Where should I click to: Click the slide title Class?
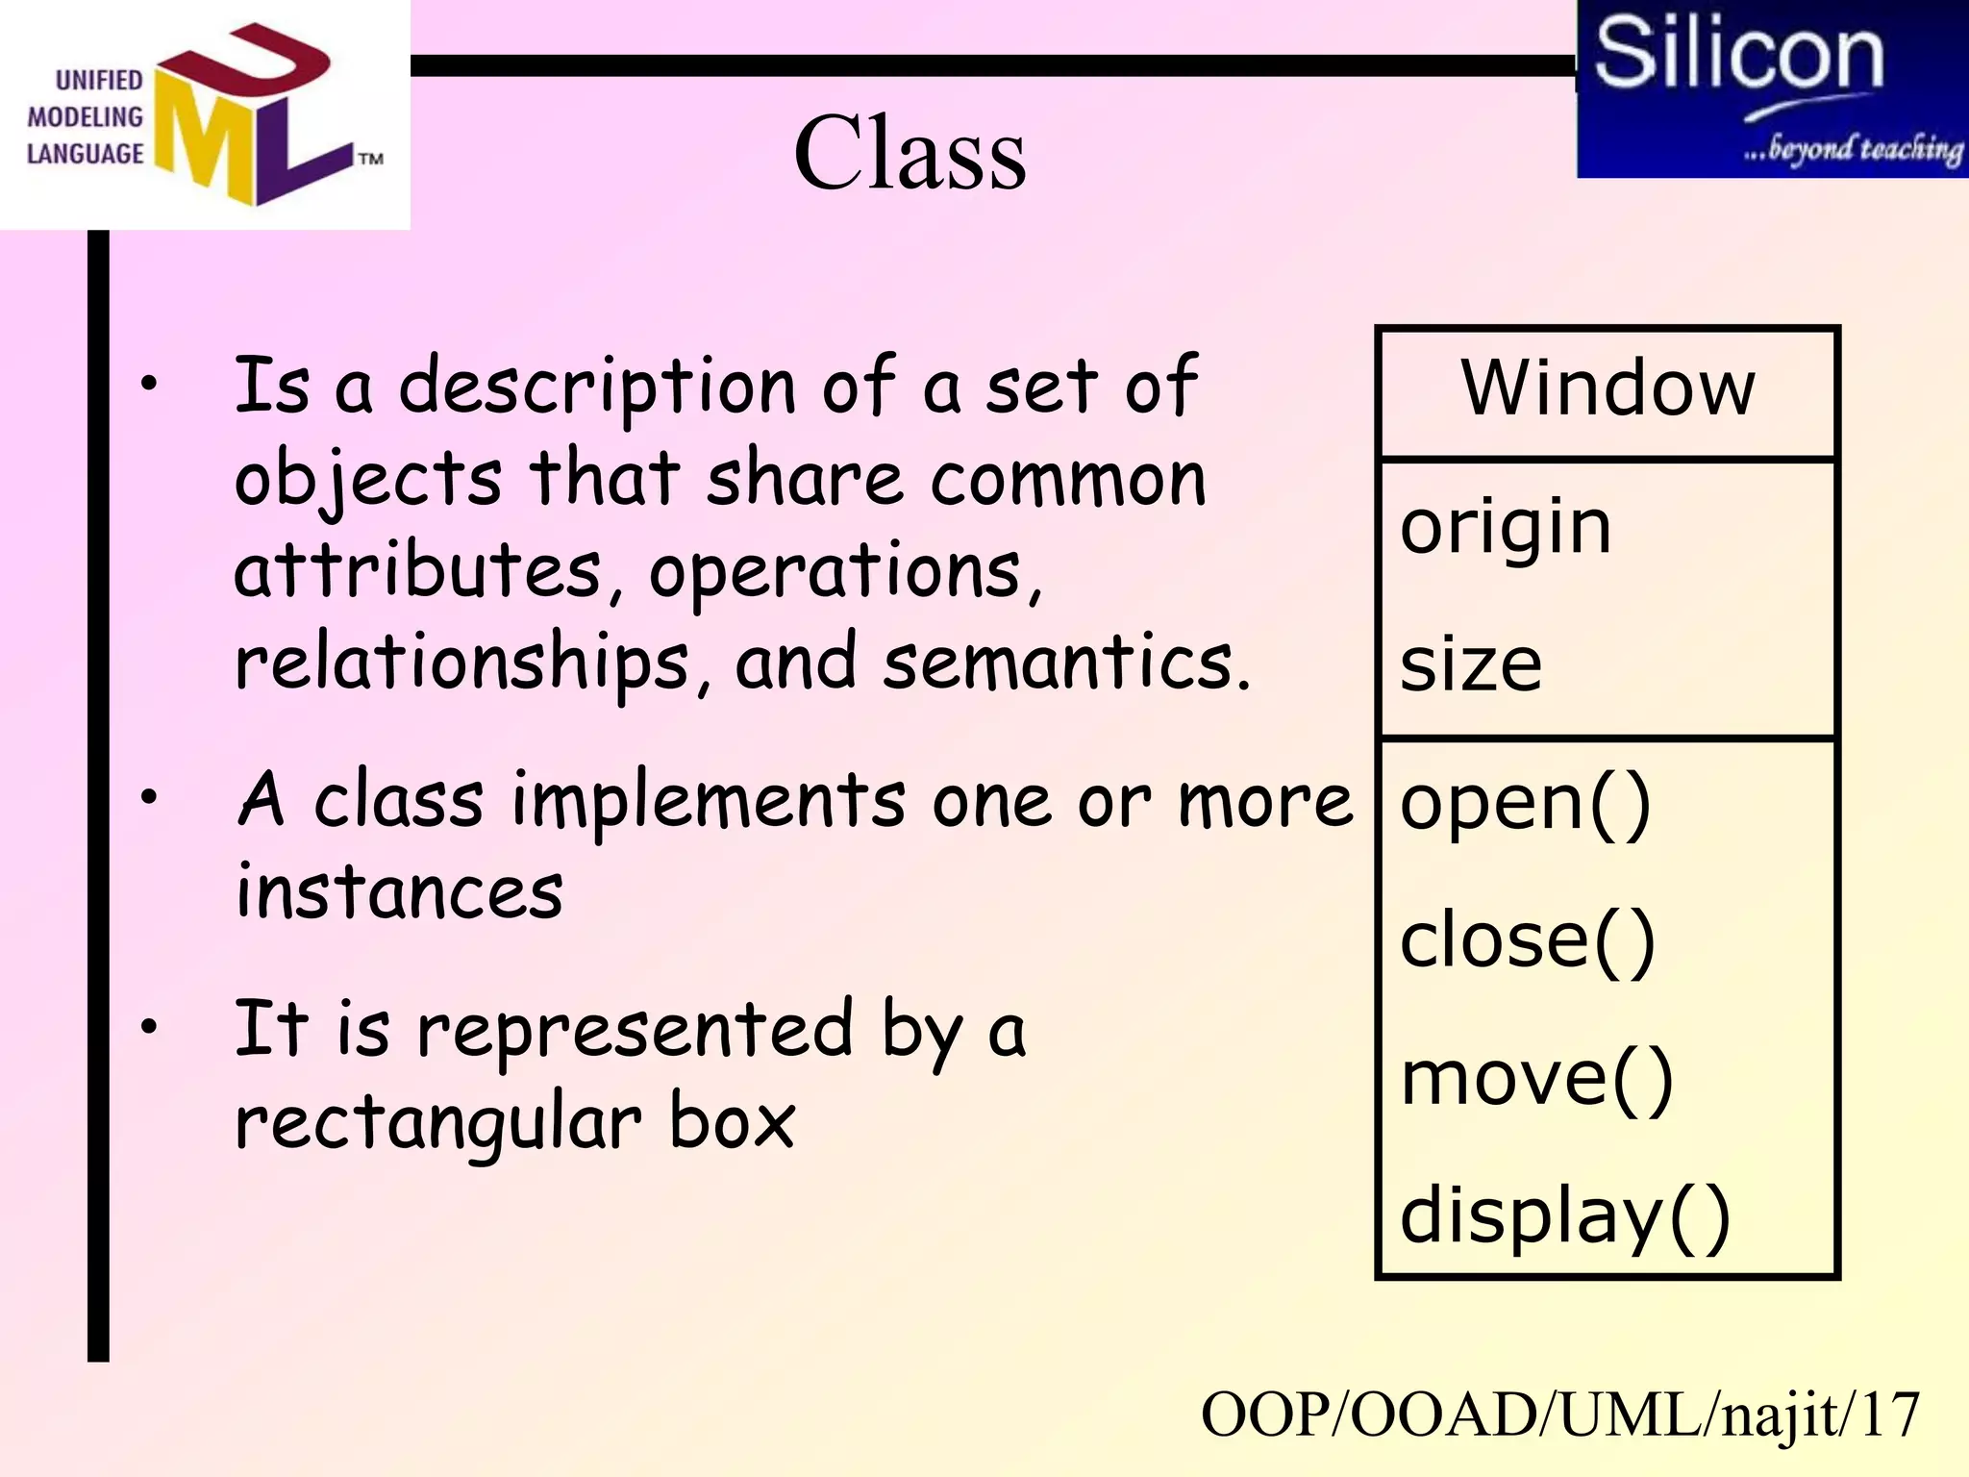910,154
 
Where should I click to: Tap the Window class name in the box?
1608,388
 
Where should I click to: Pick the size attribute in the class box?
1470,665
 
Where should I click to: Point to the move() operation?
1536,1079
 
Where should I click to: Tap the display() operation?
1564,1216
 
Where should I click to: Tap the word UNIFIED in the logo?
98,80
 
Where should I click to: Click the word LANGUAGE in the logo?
85,154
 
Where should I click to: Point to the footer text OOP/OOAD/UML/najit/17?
1559,1414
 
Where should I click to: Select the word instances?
399,892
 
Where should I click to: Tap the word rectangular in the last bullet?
437,1123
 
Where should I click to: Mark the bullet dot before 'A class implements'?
148,797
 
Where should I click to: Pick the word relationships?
461,663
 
